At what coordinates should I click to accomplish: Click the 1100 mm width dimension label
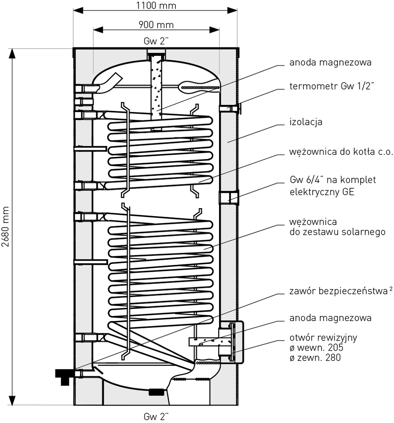point(156,5)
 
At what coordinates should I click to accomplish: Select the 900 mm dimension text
point(156,25)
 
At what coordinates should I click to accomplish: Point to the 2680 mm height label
point(6,227)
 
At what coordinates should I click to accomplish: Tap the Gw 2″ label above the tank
point(156,41)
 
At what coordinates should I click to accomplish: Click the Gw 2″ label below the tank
point(156,416)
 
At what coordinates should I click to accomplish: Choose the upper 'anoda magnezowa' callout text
point(330,62)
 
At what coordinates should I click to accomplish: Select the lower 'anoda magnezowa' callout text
point(330,318)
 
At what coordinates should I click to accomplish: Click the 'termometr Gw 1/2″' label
point(332,86)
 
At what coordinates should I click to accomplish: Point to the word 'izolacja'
point(306,122)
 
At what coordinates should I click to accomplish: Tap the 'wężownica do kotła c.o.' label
point(341,151)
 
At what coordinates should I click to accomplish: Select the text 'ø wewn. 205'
point(316,347)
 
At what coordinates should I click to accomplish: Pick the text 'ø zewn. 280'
point(315,358)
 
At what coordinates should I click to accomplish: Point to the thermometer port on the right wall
point(230,108)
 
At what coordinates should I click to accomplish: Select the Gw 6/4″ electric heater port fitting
point(229,198)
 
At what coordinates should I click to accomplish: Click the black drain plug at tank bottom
point(156,392)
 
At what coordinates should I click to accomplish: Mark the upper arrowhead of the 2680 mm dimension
point(12,54)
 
